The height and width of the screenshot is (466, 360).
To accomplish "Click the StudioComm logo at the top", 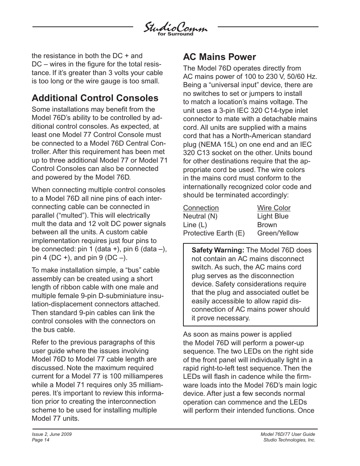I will pyautogui.click(x=175, y=28).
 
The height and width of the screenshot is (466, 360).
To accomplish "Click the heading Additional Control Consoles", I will pyautogui.click(x=95, y=98).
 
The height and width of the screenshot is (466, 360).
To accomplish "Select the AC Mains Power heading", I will pyautogui.click(x=219, y=57).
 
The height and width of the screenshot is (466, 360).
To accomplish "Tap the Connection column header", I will pyautogui.click(x=201, y=208).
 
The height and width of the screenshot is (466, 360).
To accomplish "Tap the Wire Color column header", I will pyautogui.click(x=274, y=208).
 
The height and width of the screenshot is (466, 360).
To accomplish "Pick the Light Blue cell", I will pyautogui.click(x=272, y=216).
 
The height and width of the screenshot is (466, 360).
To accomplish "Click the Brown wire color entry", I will pyautogui.click(x=267, y=225).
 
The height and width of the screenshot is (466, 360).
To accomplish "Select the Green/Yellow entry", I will pyautogui.click(x=277, y=233).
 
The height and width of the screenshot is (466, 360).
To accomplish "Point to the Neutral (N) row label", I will pyautogui.click(x=200, y=216).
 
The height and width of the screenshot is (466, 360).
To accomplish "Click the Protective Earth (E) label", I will pyautogui.click(x=214, y=233).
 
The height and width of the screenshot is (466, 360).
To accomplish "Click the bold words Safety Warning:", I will pyautogui.click(x=218, y=250).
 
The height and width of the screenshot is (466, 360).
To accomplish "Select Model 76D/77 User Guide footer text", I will pyautogui.click(x=288, y=435).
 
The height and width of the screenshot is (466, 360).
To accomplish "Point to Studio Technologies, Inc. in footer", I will pyautogui.click(x=289, y=440).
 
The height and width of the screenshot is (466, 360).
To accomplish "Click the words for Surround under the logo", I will pyautogui.click(x=175, y=34).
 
